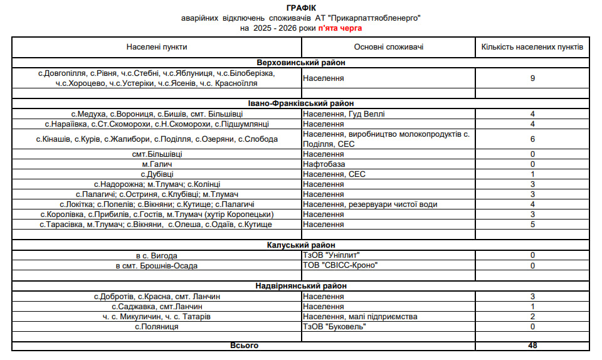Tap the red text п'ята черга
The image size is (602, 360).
click(x=340, y=28)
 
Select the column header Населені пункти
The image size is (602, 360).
click(x=157, y=47)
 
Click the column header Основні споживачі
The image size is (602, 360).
click(x=388, y=47)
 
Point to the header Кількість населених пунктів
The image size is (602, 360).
click(x=532, y=47)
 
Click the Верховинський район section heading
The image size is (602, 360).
click(x=301, y=63)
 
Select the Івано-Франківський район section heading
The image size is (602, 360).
click(x=301, y=103)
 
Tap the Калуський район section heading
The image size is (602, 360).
click(x=301, y=245)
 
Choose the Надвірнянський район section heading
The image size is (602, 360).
click(x=301, y=285)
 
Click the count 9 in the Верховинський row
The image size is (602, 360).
click(x=532, y=78)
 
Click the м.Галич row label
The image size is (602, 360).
click(x=156, y=164)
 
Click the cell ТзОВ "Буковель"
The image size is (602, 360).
click(x=334, y=327)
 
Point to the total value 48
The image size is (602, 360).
click(x=532, y=346)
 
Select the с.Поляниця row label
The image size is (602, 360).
click(x=156, y=327)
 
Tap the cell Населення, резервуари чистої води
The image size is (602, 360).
click(x=370, y=204)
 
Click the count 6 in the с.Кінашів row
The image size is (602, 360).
click(x=532, y=139)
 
